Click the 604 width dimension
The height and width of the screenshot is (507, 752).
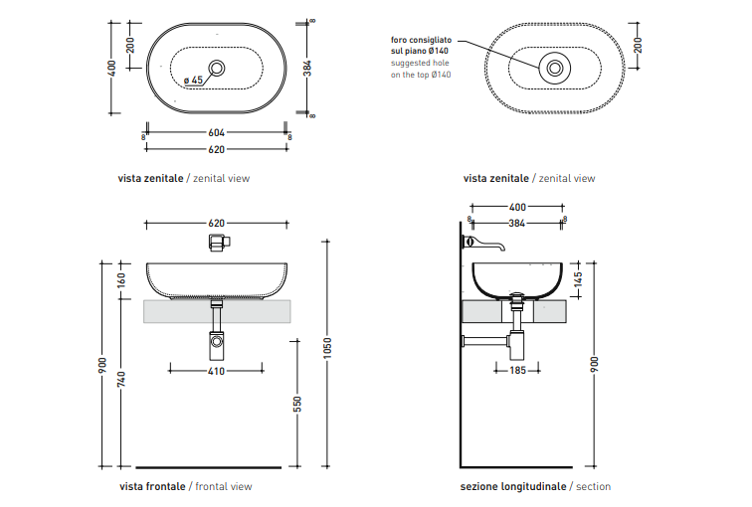click(x=216, y=132)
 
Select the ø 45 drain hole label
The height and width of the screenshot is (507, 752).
click(x=193, y=81)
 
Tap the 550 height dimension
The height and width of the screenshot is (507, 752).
click(x=297, y=404)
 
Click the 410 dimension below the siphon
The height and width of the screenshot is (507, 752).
click(x=216, y=371)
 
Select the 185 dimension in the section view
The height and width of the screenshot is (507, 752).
click(x=516, y=371)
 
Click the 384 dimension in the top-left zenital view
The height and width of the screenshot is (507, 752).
click(x=307, y=68)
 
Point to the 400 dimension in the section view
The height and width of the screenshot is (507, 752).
click(x=516, y=208)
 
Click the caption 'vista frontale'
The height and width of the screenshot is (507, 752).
click(x=151, y=486)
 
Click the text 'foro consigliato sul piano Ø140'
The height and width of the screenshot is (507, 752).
click(x=421, y=46)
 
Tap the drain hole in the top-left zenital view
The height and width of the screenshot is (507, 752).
click(x=218, y=69)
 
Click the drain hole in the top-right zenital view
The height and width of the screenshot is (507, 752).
click(x=554, y=69)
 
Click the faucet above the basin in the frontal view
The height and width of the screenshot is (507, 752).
click(x=217, y=242)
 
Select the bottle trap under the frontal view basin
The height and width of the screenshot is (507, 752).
click(x=217, y=345)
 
